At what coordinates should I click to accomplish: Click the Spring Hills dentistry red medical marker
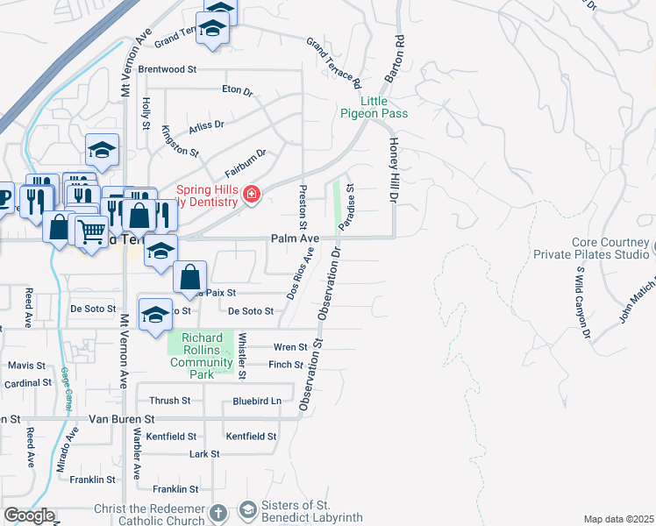[x=252, y=194]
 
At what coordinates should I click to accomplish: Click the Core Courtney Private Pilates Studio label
[x=610, y=248]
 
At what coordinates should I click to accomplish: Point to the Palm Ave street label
[x=292, y=238]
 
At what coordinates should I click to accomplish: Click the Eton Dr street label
[x=237, y=89]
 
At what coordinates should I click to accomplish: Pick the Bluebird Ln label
[x=257, y=401]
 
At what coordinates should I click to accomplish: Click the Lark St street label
[x=203, y=454]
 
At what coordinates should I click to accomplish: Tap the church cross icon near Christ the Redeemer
[x=219, y=511]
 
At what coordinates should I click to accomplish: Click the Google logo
[x=28, y=515]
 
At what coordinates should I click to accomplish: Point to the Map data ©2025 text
[x=618, y=519]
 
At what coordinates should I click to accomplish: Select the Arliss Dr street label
[x=207, y=124]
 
